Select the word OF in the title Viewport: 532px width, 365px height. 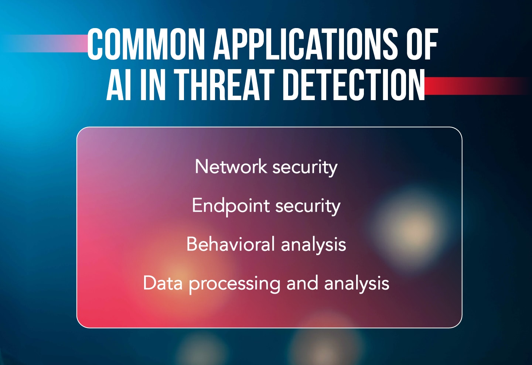tap(422, 45)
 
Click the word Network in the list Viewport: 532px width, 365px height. tap(231, 167)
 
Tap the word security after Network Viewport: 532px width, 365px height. tap(305, 167)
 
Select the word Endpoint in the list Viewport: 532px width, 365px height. tap(231, 206)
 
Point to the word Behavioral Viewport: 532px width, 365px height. tap(231, 244)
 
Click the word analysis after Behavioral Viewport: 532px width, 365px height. tap(313, 245)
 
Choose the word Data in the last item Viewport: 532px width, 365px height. tap(163, 283)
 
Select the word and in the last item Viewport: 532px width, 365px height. tap(302, 283)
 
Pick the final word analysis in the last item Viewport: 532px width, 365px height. tap(357, 284)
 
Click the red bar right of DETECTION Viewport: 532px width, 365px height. tap(477, 86)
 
